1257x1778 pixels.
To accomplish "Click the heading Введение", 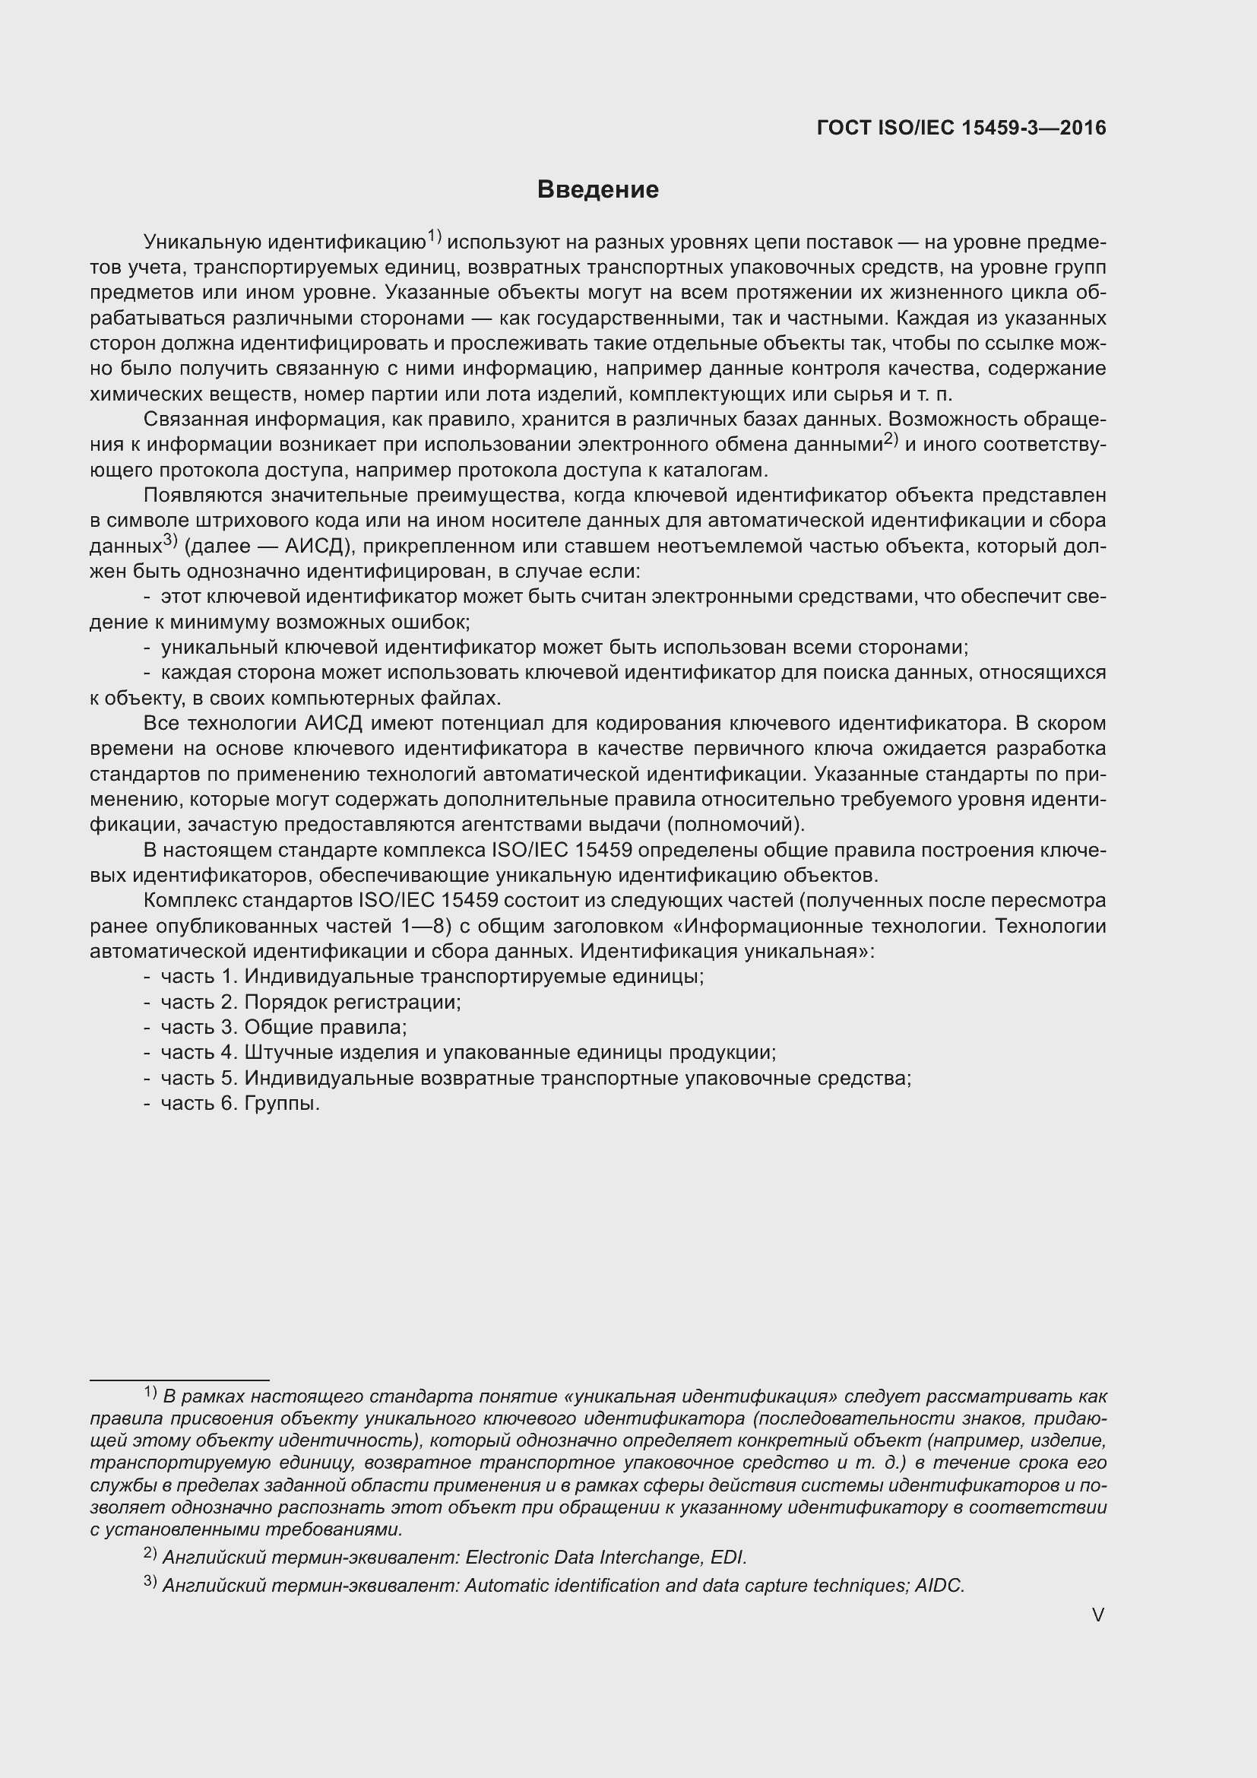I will click(x=597, y=190).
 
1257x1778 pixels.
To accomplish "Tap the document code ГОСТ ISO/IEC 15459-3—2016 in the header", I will click(x=961, y=128).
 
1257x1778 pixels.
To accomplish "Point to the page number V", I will click(x=1097, y=1615).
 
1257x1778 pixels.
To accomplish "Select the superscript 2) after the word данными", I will click(x=891, y=439).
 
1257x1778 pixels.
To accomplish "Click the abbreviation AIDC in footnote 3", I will click(x=939, y=1585).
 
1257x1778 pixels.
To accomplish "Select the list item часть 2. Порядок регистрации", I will click(x=310, y=1002).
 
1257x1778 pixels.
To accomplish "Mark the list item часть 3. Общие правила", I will click(x=283, y=1028).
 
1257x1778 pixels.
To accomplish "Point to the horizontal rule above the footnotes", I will click(x=179, y=1380).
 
